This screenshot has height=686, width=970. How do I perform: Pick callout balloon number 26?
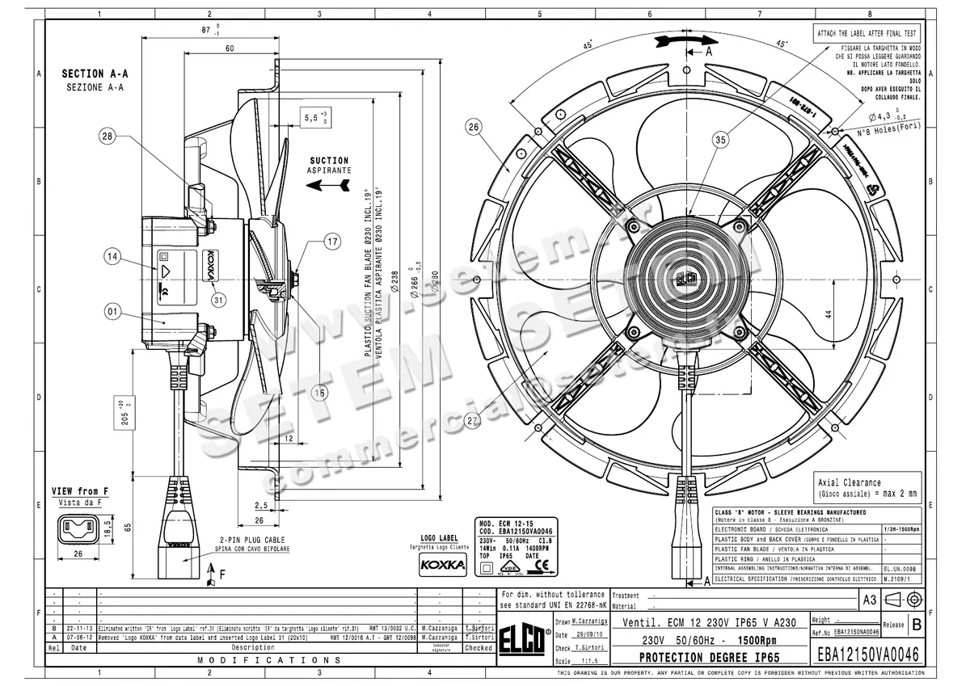click(x=474, y=126)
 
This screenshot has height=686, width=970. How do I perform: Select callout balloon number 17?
click(x=332, y=241)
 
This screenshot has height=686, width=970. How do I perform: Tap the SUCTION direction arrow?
click(x=328, y=185)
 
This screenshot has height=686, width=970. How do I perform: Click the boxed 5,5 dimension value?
click(x=314, y=117)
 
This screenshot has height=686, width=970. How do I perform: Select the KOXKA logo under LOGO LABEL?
click(x=443, y=566)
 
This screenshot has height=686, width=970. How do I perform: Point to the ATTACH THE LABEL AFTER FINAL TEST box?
click(x=866, y=33)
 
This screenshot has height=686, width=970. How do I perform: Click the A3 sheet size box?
click(x=870, y=600)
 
